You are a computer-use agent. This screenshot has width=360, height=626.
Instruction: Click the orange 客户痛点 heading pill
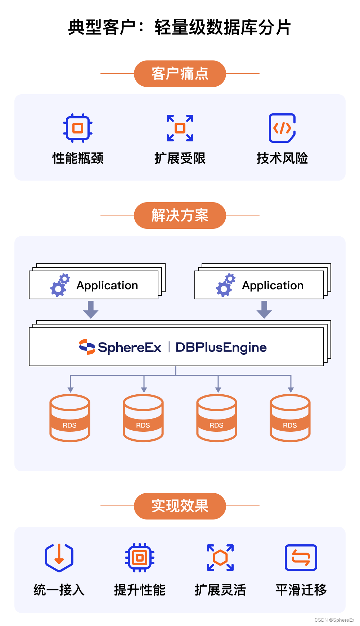180,74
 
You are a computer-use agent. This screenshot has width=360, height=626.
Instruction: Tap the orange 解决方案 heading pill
180,216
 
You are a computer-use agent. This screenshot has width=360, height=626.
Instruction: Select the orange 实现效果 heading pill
180,506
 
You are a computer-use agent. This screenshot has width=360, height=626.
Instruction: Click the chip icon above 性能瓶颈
78,128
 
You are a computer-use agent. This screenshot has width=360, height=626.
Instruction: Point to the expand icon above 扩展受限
180,128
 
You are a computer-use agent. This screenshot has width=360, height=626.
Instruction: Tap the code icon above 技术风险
282,128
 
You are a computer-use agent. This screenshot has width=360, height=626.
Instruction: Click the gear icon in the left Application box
60,285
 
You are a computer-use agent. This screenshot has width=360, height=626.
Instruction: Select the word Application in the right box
273,285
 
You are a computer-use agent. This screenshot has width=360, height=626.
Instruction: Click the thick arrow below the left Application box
91,309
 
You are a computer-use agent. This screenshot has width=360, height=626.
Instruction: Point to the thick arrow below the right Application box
264,309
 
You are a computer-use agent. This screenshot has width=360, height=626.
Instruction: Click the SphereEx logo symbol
87,347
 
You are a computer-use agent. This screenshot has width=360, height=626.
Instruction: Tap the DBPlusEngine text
221,347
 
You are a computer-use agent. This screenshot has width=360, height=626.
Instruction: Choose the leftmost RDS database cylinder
70,418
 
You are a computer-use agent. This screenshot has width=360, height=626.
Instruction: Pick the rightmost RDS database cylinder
290,418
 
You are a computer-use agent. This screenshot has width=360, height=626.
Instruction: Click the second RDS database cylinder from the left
143,418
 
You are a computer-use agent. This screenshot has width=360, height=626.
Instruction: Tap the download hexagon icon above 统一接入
59,557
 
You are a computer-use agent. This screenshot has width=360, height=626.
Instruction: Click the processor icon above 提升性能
140,558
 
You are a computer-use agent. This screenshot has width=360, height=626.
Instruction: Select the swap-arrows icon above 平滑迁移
301,558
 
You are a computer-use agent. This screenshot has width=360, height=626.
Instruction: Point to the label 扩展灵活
220,590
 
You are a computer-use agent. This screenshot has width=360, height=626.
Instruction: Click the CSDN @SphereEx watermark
334,620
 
